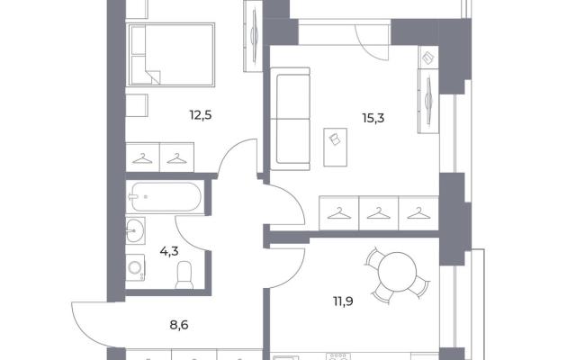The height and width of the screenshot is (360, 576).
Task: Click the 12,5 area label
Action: pyautogui.click(x=201, y=116)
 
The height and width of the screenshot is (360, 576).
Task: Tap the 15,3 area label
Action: pyautogui.click(x=373, y=119)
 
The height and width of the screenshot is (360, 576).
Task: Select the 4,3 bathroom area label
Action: pyautogui.click(x=169, y=252)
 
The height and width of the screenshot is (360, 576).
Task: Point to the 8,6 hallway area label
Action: pyautogui.click(x=179, y=325)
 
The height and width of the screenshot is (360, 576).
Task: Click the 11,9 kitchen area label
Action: pyautogui.click(x=343, y=301)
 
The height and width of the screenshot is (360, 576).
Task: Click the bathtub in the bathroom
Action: pyautogui.click(x=165, y=197)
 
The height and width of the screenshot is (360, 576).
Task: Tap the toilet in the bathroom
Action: pyautogui.click(x=184, y=274)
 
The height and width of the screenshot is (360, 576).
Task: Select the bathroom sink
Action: pyautogui.click(x=135, y=230)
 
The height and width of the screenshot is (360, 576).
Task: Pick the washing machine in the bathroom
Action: pyautogui.click(x=135, y=268)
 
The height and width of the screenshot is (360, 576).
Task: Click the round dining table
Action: pyautogui.click(x=398, y=272)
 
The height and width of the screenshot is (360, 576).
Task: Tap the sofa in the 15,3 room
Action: pyautogui.click(x=290, y=119)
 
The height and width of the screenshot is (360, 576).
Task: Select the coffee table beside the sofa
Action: pyautogui.click(x=336, y=147)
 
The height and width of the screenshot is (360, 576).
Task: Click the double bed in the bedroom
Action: pyautogui.click(x=170, y=55)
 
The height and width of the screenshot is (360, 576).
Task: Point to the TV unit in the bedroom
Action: pyautogui.click(x=253, y=36)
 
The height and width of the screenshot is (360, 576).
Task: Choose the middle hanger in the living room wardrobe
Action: pyautogui.click(x=379, y=213)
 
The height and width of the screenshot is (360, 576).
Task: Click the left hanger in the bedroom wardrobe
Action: pyautogui.click(x=142, y=157)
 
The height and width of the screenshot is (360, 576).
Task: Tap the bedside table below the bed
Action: pyautogui.click(x=137, y=105)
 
